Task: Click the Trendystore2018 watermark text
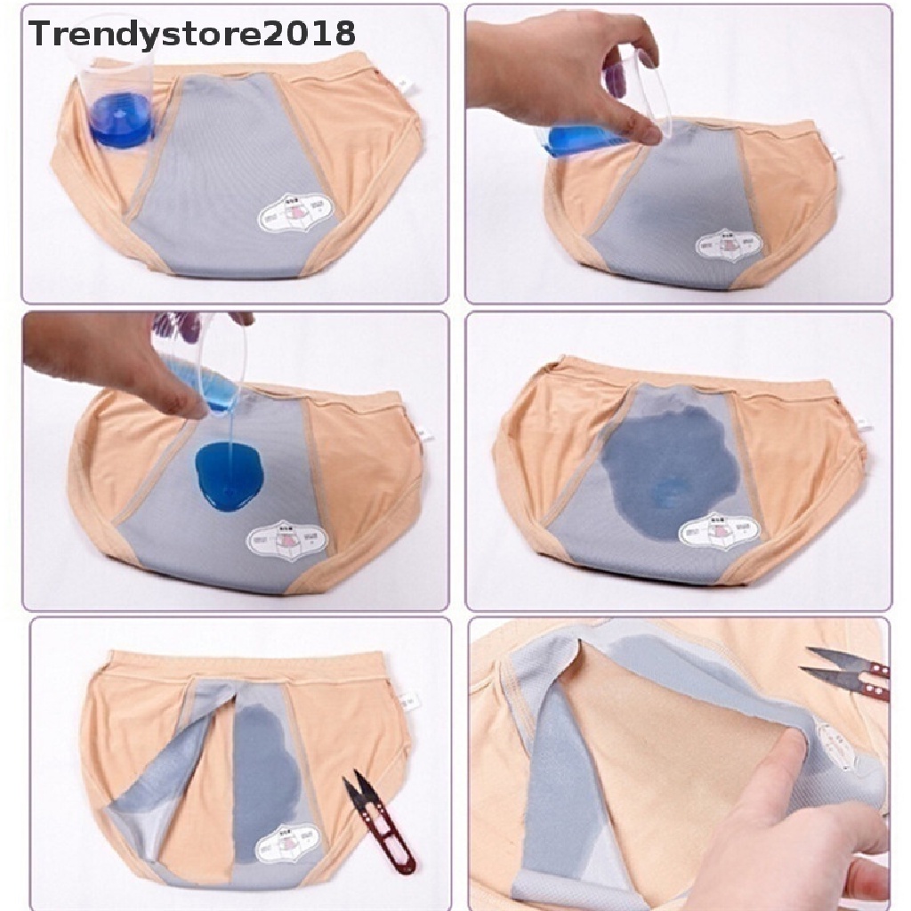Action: click(x=192, y=34)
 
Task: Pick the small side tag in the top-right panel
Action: click(x=835, y=157)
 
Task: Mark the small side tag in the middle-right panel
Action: click(x=860, y=424)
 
